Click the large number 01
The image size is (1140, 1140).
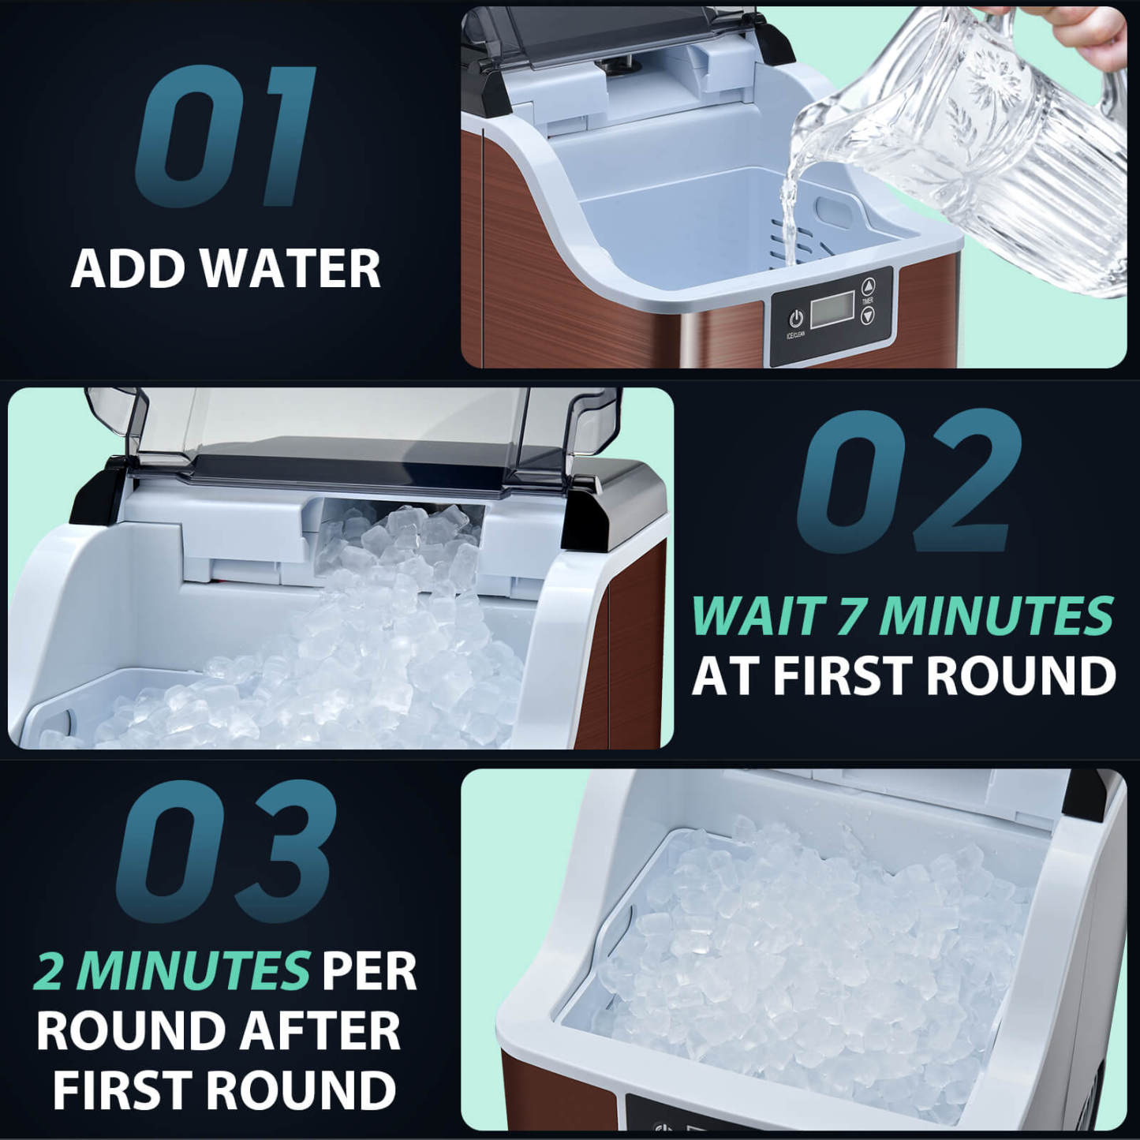tap(226, 136)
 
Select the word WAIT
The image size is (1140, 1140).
tap(758, 616)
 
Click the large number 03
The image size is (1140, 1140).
tap(226, 852)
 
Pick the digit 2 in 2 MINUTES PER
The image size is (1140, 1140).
tap(49, 971)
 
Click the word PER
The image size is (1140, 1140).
tap(368, 971)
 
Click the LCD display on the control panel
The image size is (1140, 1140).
tap(832, 309)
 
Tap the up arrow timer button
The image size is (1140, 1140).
tap(868, 286)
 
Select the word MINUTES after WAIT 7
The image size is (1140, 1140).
tap(996, 616)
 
